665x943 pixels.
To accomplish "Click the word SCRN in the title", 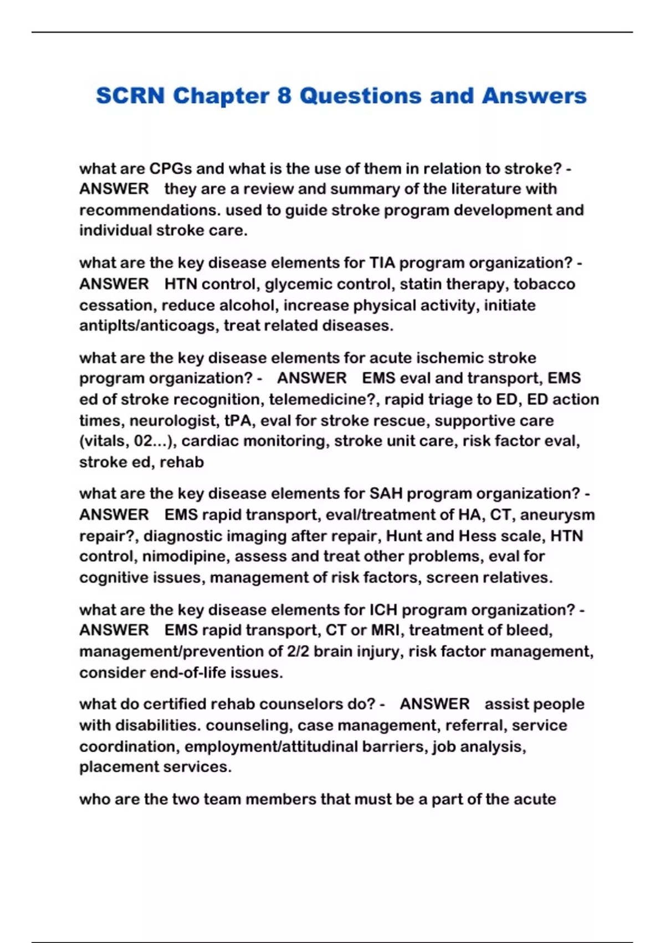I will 130,96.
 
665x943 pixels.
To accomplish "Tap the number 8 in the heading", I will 284,96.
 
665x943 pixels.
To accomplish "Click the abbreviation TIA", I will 382,263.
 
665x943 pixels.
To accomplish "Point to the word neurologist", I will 173,420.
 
